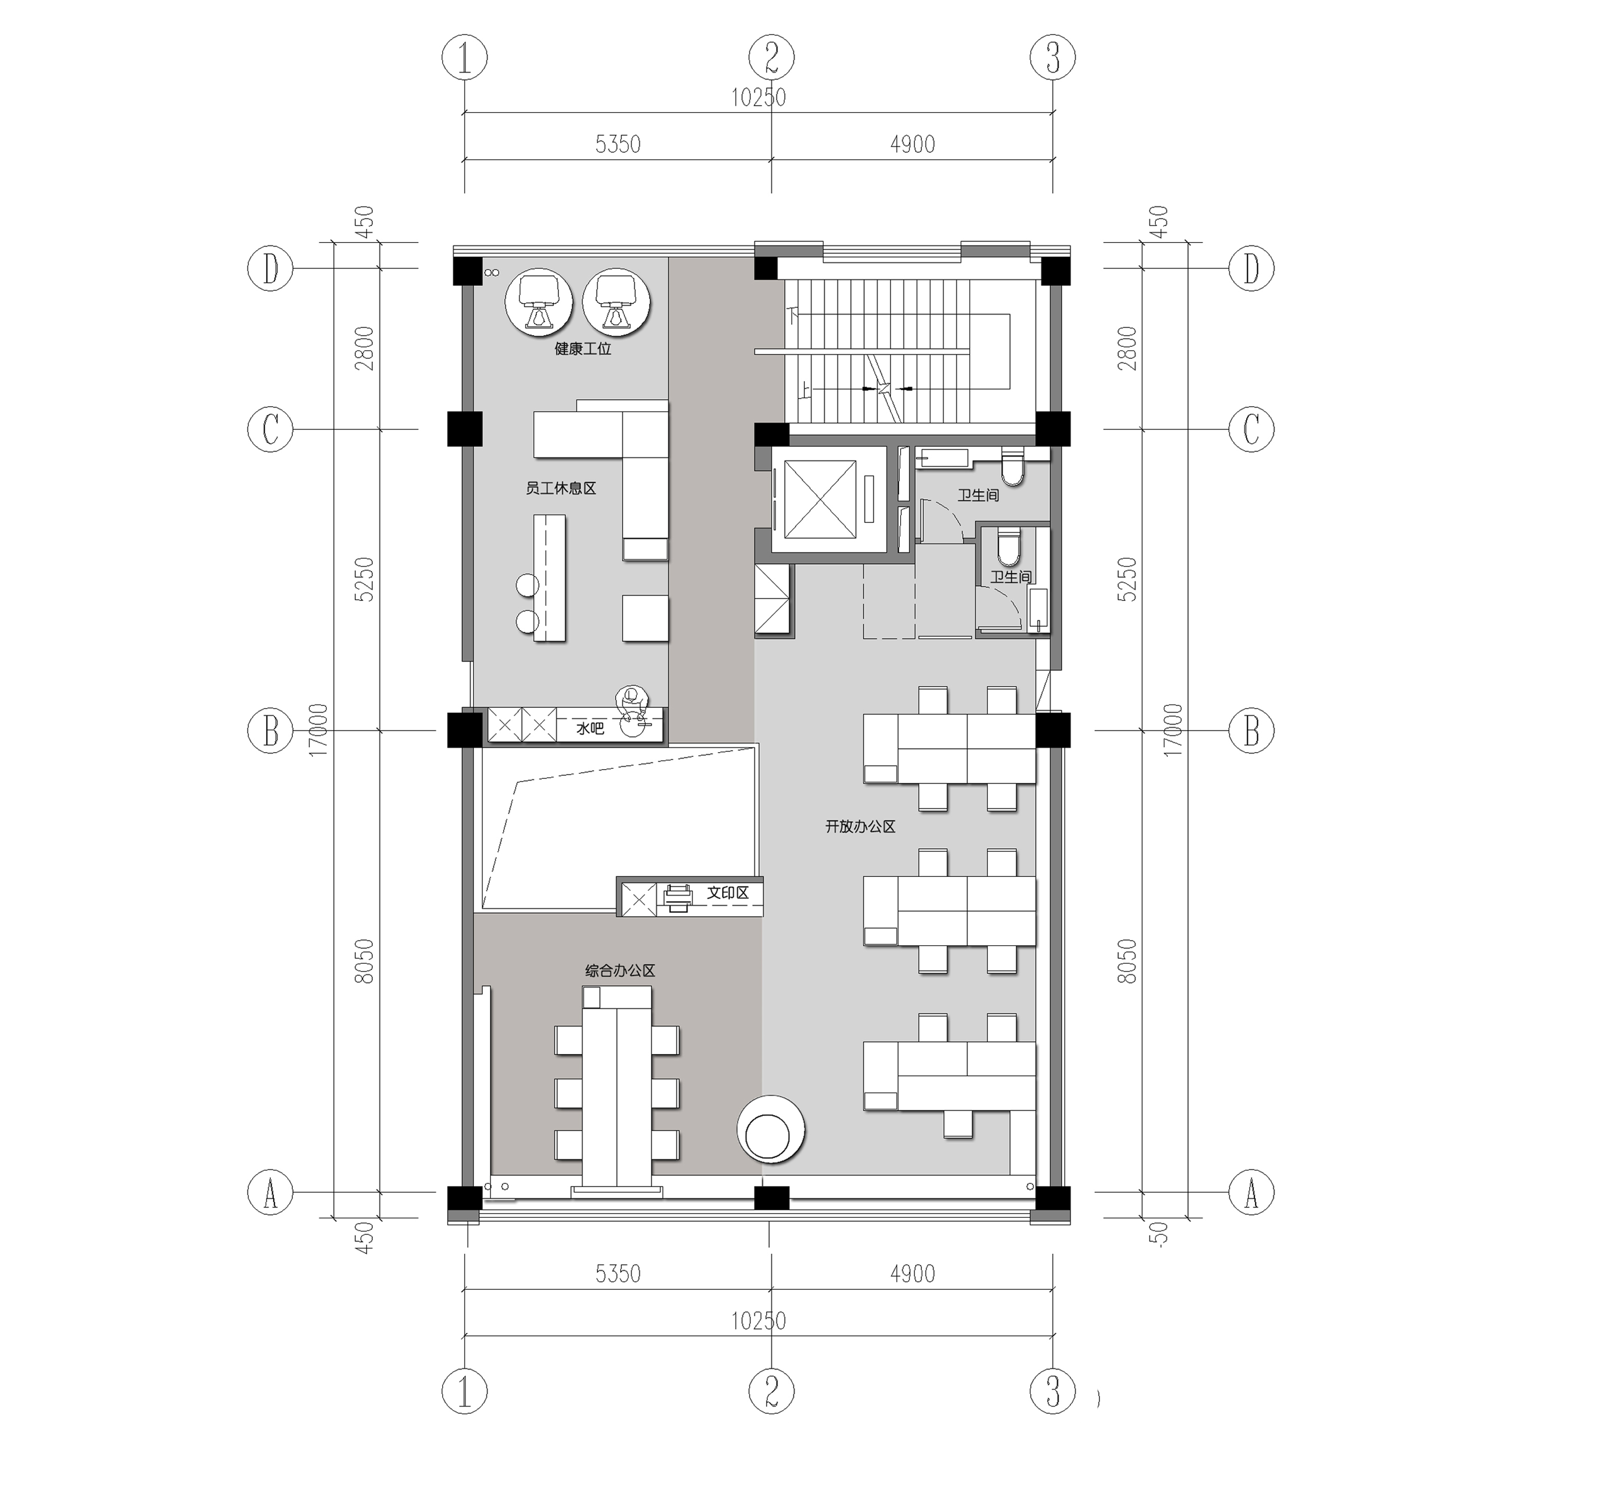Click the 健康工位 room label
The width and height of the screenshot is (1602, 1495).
click(583, 349)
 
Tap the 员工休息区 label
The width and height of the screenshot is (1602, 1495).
click(561, 488)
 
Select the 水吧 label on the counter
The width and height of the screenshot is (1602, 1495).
click(590, 728)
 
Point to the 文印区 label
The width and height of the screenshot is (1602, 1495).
click(728, 892)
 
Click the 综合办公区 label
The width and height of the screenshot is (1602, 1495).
click(620, 971)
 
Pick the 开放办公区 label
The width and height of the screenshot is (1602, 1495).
click(860, 826)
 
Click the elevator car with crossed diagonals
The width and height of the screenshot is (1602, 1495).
click(819, 500)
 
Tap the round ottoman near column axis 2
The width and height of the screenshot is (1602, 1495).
click(770, 1128)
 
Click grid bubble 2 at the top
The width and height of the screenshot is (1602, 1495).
click(771, 57)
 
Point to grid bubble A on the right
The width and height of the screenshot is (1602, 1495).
click(1251, 1192)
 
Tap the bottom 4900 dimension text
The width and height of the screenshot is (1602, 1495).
click(912, 1273)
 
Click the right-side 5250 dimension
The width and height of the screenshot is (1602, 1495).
click(1127, 578)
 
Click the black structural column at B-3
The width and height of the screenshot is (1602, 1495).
click(1052, 730)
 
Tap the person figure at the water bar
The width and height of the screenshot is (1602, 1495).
click(632, 705)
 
